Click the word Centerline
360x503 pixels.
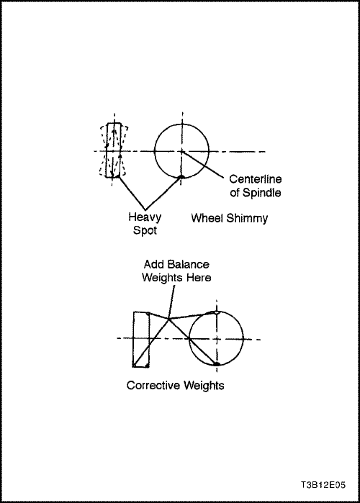click(256, 178)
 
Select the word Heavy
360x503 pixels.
click(145, 217)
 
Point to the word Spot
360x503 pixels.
click(145, 230)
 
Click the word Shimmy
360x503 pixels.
click(247, 218)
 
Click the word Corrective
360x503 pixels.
click(150, 385)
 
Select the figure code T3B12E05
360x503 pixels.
click(323, 485)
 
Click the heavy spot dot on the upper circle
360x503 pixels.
click(181, 176)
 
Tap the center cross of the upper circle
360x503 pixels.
click(182, 151)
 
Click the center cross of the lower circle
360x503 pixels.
click(217, 339)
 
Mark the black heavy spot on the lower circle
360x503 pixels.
click(217, 364)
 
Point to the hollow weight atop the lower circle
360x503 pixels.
click(217, 312)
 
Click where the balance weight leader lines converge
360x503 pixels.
click(168, 319)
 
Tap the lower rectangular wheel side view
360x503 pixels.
click(141, 339)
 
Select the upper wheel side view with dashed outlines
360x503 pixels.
click(114, 150)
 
